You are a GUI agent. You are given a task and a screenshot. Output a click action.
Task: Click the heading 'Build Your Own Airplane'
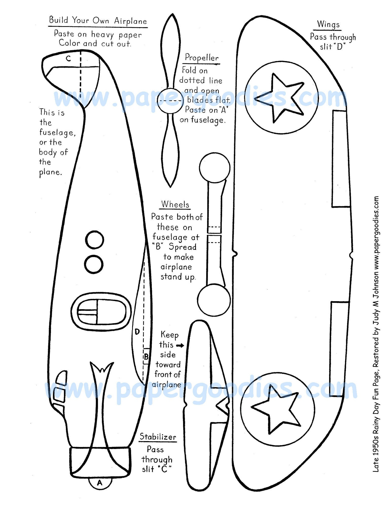tap(98, 20)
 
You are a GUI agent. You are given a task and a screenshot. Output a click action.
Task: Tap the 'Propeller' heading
tap(202, 58)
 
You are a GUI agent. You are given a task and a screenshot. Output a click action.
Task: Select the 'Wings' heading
tap(328, 24)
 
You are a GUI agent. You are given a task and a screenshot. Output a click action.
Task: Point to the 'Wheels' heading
tap(175, 204)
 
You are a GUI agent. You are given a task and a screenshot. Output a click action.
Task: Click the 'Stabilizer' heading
tap(158, 437)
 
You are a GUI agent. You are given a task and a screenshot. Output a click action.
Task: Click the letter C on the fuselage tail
tap(68, 59)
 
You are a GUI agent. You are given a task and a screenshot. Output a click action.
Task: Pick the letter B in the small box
tap(146, 357)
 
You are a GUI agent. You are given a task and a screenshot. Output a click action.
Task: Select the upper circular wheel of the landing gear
tap(215, 168)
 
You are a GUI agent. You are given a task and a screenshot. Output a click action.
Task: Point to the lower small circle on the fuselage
tap(94, 264)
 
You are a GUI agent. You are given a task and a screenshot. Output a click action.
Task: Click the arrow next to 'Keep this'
tap(180, 345)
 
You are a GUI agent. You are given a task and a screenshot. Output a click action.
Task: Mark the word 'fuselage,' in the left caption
tap(57, 132)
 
